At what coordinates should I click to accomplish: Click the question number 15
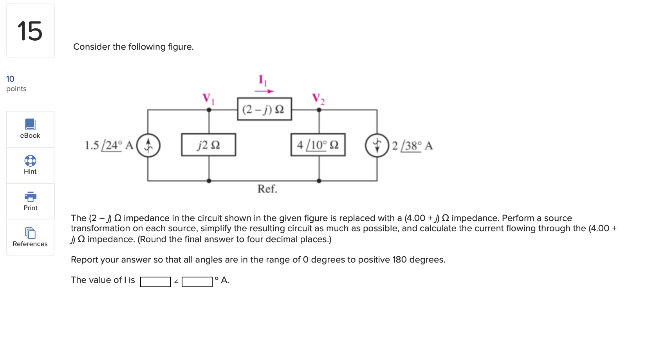(x=30, y=31)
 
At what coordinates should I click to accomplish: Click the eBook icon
(x=30, y=124)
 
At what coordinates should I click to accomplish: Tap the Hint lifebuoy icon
(x=30, y=161)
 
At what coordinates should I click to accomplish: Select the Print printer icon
(x=30, y=196)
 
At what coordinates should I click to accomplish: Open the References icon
(x=30, y=233)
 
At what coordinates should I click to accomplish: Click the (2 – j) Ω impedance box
(x=264, y=109)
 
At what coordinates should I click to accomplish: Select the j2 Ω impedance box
(x=208, y=145)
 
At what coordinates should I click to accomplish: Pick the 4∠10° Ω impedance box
(x=318, y=145)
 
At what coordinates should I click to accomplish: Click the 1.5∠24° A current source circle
(x=148, y=146)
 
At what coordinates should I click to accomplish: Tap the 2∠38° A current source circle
(x=377, y=146)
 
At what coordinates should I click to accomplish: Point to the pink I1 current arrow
(x=264, y=91)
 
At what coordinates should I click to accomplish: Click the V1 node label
(x=208, y=99)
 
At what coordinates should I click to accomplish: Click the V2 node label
(x=318, y=99)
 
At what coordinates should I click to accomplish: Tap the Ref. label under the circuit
(x=267, y=189)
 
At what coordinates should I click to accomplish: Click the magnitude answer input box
(x=155, y=282)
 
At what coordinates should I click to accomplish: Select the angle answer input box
(x=197, y=282)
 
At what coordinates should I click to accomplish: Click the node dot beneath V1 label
(x=209, y=110)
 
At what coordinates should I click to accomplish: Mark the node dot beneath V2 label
(x=319, y=110)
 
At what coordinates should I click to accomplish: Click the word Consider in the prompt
(x=91, y=47)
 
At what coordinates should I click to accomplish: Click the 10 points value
(x=11, y=79)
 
